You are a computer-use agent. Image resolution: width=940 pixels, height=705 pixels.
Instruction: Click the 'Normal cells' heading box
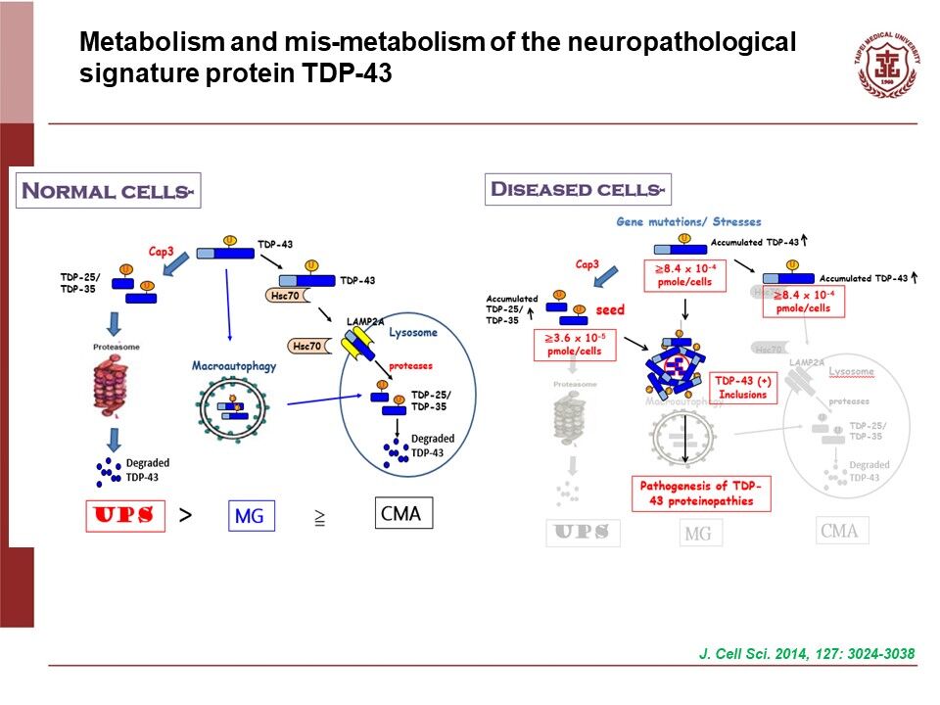point(109,190)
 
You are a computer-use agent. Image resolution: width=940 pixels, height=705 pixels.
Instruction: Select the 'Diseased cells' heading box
point(578,189)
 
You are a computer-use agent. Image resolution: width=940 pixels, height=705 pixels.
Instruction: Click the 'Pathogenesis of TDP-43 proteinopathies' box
point(700,493)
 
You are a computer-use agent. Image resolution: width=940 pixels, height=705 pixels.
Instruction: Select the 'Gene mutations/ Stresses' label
point(688,222)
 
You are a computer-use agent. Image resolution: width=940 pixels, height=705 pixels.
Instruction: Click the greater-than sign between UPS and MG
point(185,514)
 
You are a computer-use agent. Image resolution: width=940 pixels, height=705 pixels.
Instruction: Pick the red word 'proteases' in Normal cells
point(411,364)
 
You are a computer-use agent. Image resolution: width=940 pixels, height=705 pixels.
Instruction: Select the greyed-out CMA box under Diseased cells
point(839,531)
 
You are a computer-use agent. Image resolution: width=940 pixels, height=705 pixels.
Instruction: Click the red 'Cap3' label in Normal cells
point(162,250)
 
